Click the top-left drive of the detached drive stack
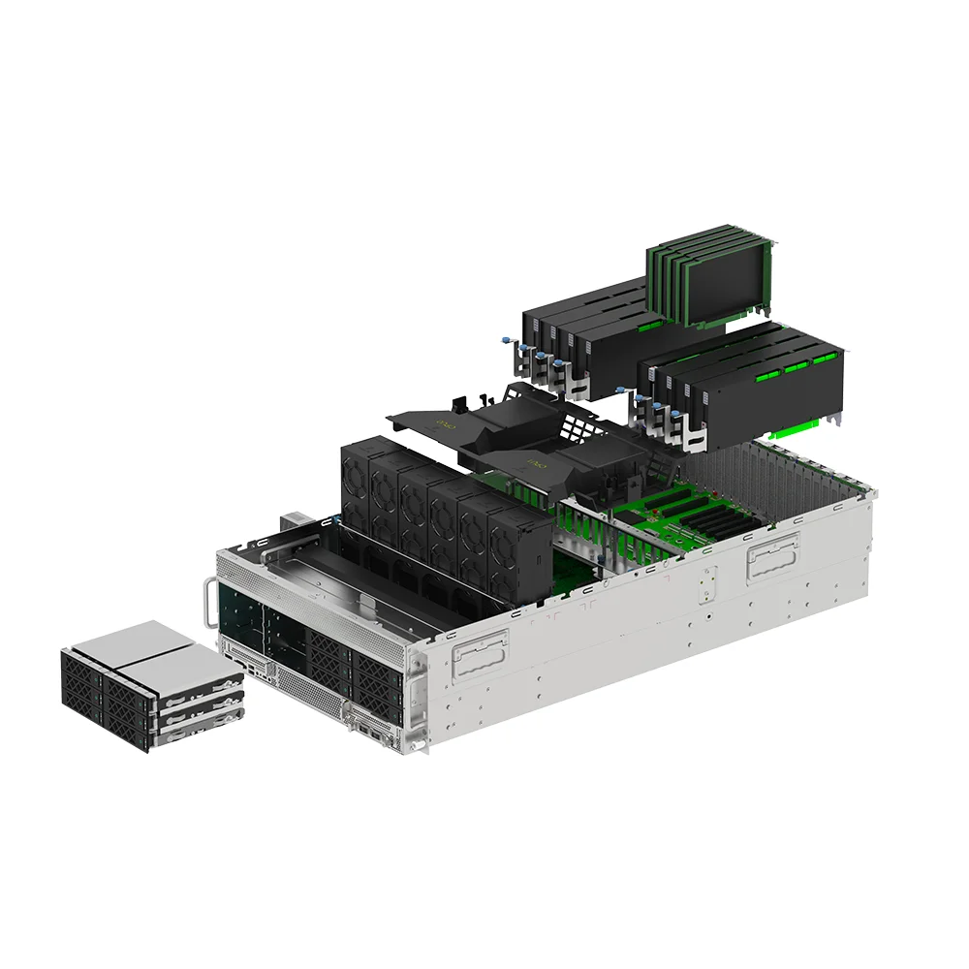81,673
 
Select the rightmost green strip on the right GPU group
824,359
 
